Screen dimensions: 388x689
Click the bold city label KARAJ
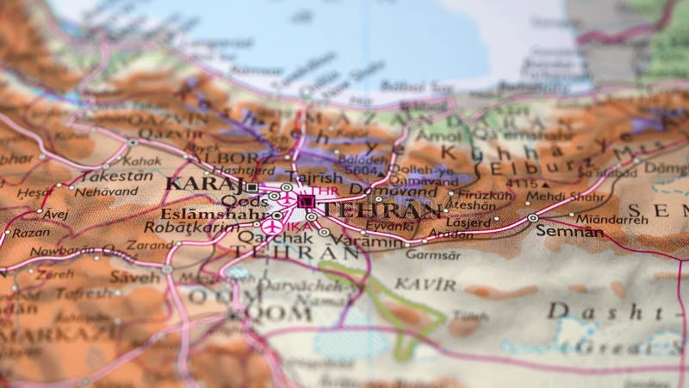click(x=203, y=184)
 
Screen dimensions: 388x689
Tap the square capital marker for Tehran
click(x=306, y=201)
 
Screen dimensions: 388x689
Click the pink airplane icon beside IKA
click(x=273, y=227)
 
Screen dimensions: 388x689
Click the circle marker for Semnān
click(x=533, y=218)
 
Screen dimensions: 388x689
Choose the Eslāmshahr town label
click(x=209, y=214)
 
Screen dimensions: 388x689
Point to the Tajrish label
click(x=308, y=178)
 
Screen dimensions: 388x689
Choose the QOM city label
click(x=281, y=314)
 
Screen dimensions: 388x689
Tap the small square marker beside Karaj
click(x=251, y=186)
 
